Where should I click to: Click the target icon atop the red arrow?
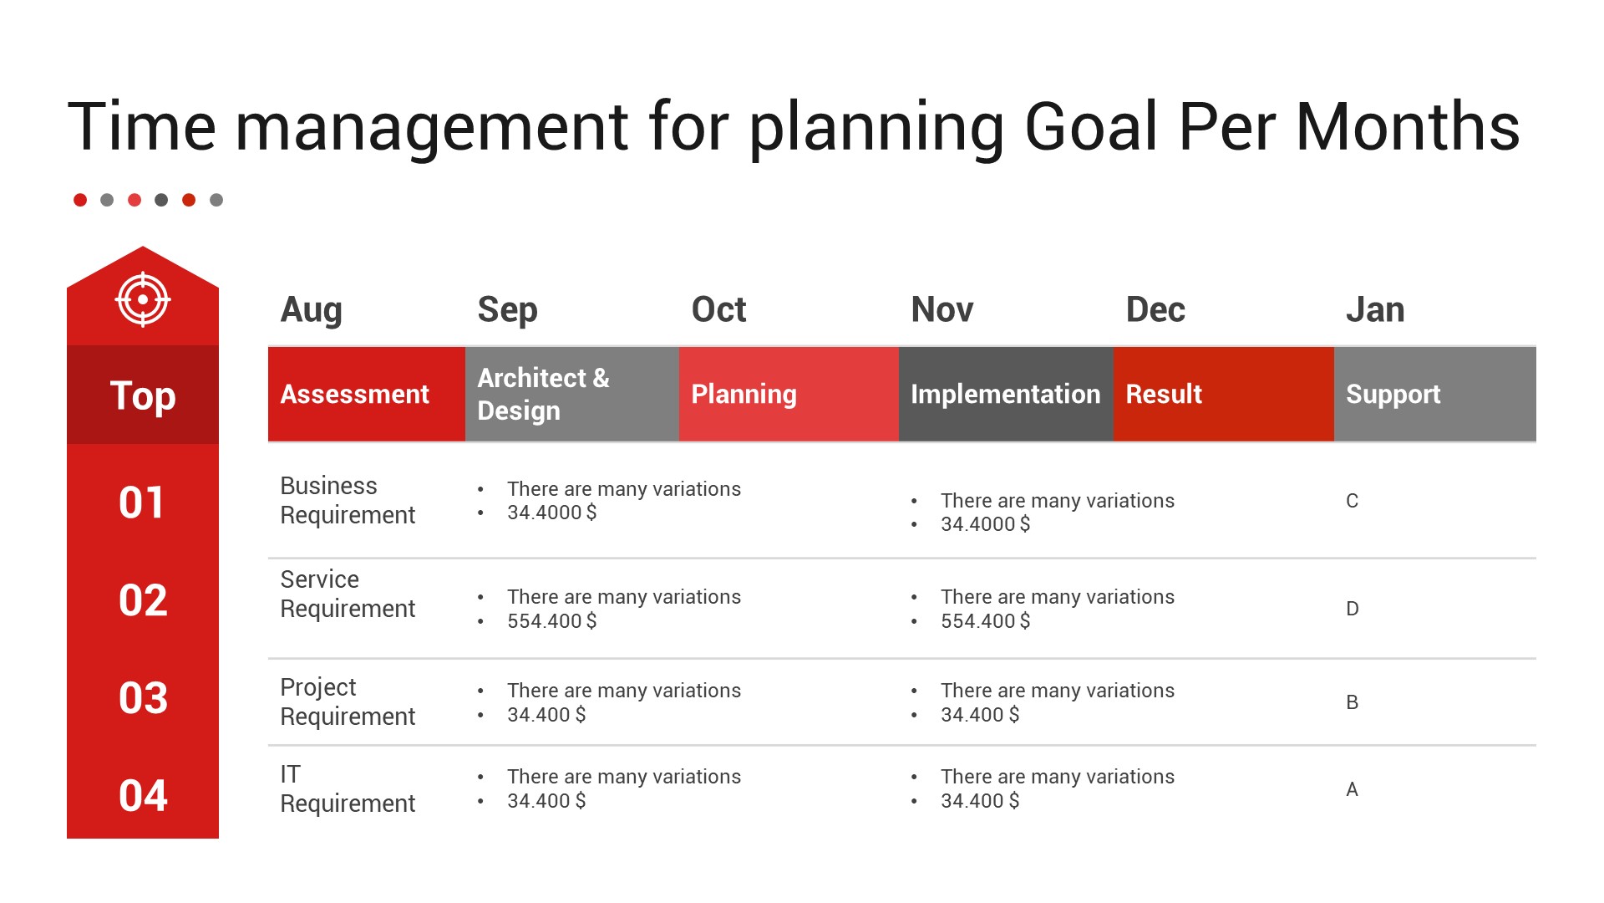click(143, 299)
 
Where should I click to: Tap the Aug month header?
click(312, 310)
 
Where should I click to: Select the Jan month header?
click(1375, 309)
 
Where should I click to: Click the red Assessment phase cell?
click(367, 394)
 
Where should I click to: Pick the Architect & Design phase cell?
click(572, 394)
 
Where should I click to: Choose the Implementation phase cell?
click(1006, 394)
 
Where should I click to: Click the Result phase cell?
click(1224, 394)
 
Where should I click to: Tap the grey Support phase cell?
click(1435, 394)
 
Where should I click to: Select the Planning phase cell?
click(789, 394)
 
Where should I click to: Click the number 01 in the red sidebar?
click(142, 503)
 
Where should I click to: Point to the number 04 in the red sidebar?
click(143, 795)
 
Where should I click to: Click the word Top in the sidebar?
click(143, 395)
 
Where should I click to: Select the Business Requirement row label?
click(348, 500)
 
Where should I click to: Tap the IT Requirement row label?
click(348, 788)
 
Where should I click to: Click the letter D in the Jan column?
click(1353, 609)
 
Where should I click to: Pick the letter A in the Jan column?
click(1353, 789)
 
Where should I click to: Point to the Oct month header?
click(718, 309)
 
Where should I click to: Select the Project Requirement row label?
click(348, 701)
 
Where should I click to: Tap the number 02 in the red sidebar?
click(143, 600)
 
